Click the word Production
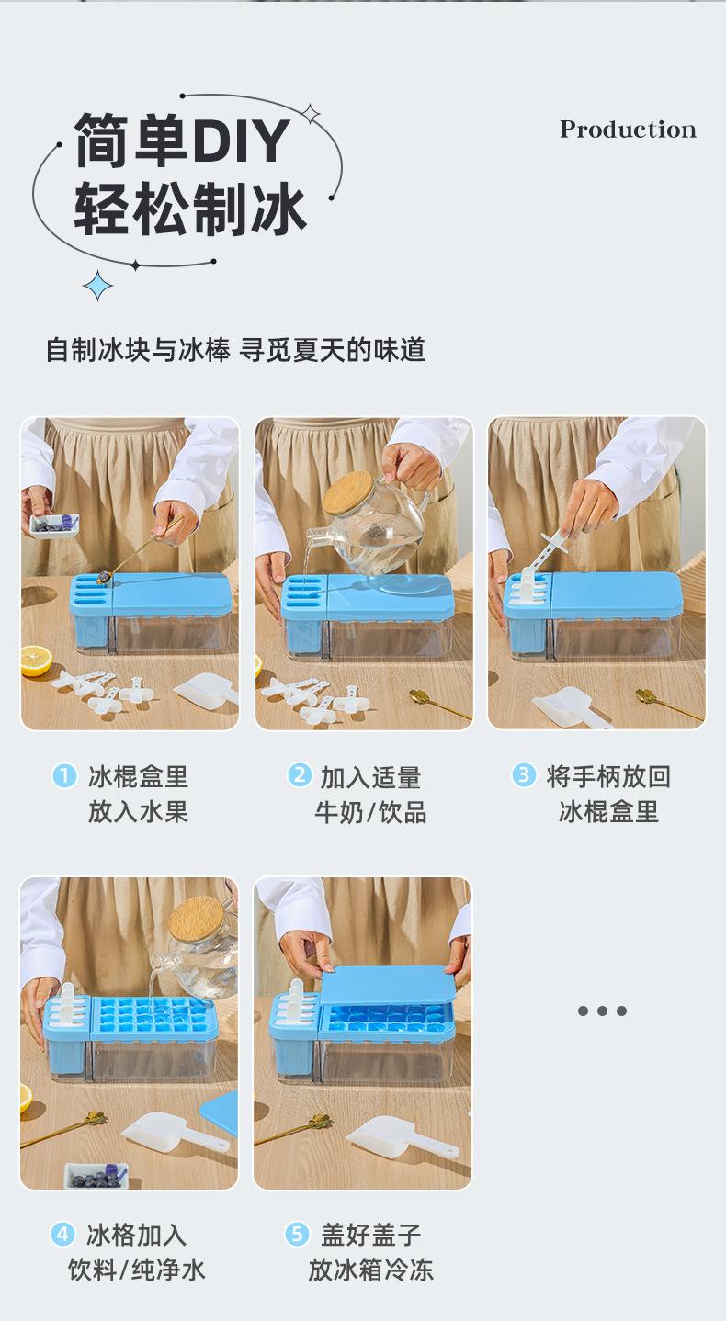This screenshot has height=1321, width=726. pos(628,130)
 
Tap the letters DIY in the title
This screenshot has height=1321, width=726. pos(241,141)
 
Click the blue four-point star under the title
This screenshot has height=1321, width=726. pos(98,286)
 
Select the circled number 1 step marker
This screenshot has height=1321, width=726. pos(64,775)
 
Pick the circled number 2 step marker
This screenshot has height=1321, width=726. pos(299,775)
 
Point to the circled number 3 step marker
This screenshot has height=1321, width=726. pos(524,775)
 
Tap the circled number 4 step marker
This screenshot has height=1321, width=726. pos(62,1234)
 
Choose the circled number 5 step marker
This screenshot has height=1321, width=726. pos(297,1234)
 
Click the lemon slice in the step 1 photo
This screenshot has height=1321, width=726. pos(36,661)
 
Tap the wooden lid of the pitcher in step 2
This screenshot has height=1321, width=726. pos(348,492)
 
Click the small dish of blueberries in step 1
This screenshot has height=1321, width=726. pos(53,525)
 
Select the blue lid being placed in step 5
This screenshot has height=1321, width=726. pos(388,986)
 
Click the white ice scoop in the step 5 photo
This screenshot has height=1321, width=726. pos(401,1135)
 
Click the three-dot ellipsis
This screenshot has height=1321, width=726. pos(602,1011)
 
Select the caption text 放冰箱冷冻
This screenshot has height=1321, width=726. pos(371,1270)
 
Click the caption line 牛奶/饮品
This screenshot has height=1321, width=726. pos(370,812)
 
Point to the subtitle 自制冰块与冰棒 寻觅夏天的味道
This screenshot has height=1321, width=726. pos(235,350)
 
